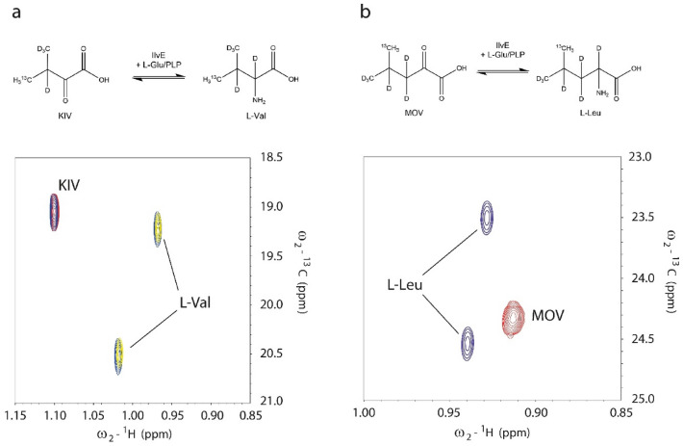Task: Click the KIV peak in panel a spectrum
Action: (x=55, y=211)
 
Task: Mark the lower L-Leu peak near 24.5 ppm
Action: (x=468, y=342)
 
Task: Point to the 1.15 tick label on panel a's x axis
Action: (x=15, y=415)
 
